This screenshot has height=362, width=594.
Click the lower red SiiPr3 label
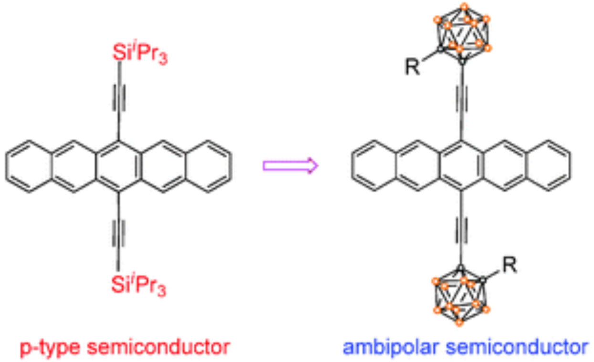tap(139, 285)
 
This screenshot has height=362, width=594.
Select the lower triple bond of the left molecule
tap(118, 232)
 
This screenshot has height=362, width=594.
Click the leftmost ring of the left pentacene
tap(28, 167)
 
